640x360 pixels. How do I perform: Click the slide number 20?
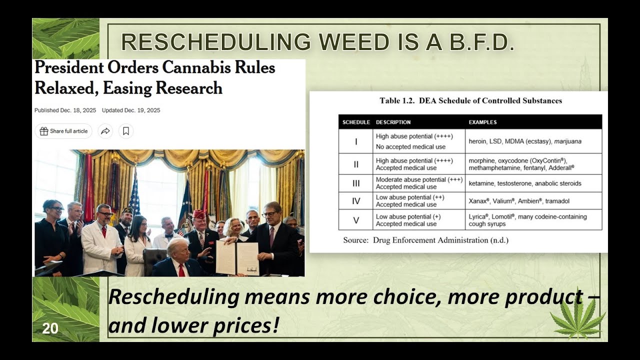pos(50,328)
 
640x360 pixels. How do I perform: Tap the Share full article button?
pos(63,131)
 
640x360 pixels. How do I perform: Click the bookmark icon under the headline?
pos(126,131)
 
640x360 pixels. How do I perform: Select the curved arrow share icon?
pos(105,131)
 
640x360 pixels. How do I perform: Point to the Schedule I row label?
pos(356,141)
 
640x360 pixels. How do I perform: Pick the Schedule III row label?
pos(356,183)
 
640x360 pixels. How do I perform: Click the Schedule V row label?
pos(356,220)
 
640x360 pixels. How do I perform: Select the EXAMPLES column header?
pos(482,122)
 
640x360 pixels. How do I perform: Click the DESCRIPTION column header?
pos(393,122)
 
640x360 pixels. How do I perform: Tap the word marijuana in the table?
pos(567,141)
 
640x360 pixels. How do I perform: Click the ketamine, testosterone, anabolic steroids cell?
pos(525,183)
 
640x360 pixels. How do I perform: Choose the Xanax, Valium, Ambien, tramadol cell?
pos(519,201)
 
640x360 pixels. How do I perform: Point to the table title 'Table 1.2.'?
pos(397,100)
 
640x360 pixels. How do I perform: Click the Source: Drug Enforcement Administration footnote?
pos(425,240)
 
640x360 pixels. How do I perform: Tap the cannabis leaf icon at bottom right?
pos(578,318)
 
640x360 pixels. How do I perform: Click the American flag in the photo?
pos(134,195)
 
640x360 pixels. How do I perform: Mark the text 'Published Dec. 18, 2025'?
pos(65,110)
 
